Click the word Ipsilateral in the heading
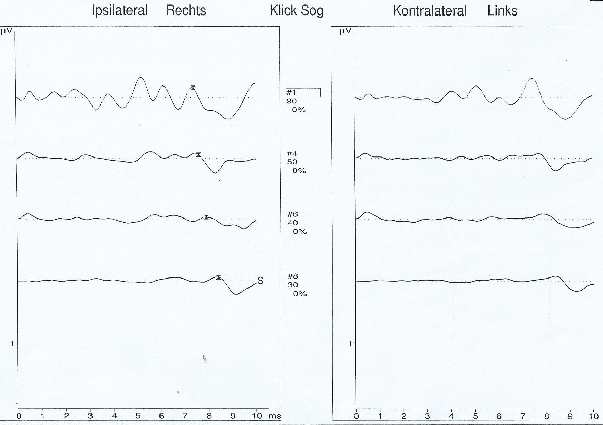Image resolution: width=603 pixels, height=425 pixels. [x=119, y=10]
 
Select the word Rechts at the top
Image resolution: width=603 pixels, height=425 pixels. [x=186, y=10]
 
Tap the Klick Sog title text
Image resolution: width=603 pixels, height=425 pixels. [x=296, y=10]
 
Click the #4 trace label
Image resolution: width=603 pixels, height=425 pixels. [x=292, y=153]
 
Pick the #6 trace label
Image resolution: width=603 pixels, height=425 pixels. [x=292, y=214]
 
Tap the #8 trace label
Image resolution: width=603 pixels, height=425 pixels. [x=293, y=276]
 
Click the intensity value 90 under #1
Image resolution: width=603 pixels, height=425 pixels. [x=292, y=101]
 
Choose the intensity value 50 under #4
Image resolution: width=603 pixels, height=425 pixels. [x=292, y=162]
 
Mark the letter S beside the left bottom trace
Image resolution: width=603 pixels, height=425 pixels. [x=260, y=281]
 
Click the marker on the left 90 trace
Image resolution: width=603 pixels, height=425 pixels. [x=193, y=88]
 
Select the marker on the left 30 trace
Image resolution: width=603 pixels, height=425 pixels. [x=218, y=277]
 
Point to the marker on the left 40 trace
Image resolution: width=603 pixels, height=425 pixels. [x=206, y=217]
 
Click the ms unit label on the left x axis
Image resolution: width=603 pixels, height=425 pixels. [x=274, y=416]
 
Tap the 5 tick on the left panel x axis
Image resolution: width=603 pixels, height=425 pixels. [x=138, y=416]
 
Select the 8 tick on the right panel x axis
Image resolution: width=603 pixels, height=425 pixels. [x=546, y=416]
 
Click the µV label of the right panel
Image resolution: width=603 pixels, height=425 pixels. [x=345, y=31]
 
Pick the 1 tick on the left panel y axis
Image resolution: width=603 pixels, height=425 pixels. [x=12, y=343]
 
